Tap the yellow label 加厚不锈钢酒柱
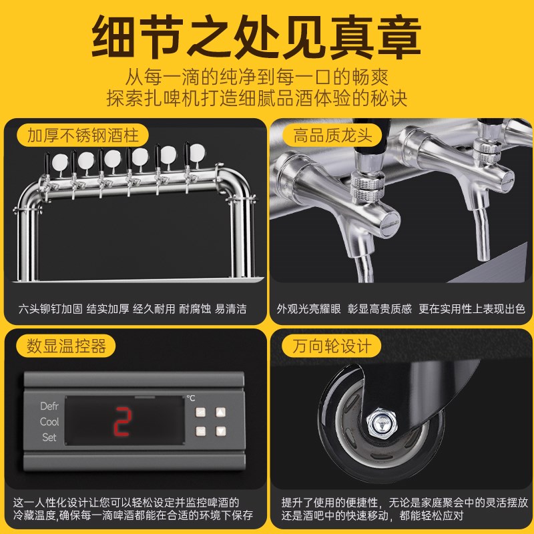[x=83, y=136]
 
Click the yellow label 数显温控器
[x=66, y=346]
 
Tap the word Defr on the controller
[x=49, y=406]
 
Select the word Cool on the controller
[x=49, y=422]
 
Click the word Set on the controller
[x=49, y=438]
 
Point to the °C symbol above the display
[x=191, y=398]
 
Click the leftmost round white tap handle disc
[x=59, y=162]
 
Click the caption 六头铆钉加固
[x=50, y=309]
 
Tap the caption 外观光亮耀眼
[x=308, y=309]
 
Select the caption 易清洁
[x=230, y=309]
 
